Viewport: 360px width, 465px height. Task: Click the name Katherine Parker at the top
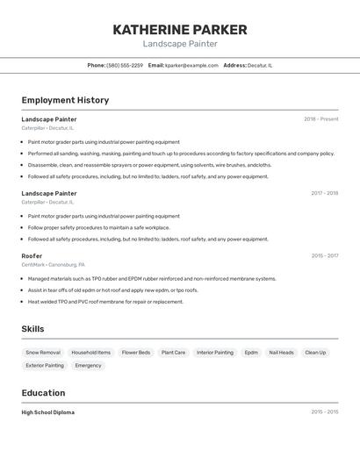(180, 29)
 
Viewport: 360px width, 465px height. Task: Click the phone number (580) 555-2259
(125, 65)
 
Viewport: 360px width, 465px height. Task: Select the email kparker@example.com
(191, 65)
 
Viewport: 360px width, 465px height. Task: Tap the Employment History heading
(65, 100)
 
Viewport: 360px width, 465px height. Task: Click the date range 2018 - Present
(321, 119)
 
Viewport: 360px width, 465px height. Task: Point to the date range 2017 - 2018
(324, 193)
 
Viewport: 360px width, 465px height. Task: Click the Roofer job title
(32, 256)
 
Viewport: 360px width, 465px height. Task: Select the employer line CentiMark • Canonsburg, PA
(54, 265)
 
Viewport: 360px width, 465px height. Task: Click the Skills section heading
(33, 329)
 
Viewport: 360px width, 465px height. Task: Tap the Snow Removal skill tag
(43, 353)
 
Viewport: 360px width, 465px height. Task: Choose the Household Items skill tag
(91, 353)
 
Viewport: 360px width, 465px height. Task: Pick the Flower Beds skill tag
(136, 353)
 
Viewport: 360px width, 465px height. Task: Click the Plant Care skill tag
(173, 353)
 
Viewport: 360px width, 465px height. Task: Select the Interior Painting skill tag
(215, 353)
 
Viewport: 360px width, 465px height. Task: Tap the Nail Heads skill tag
(281, 353)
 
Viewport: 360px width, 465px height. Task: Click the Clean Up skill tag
(315, 353)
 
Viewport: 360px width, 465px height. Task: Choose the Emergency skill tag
(88, 365)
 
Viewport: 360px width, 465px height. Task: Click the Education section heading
(43, 393)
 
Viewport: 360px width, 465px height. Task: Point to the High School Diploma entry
(48, 412)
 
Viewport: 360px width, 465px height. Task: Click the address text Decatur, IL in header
(260, 65)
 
